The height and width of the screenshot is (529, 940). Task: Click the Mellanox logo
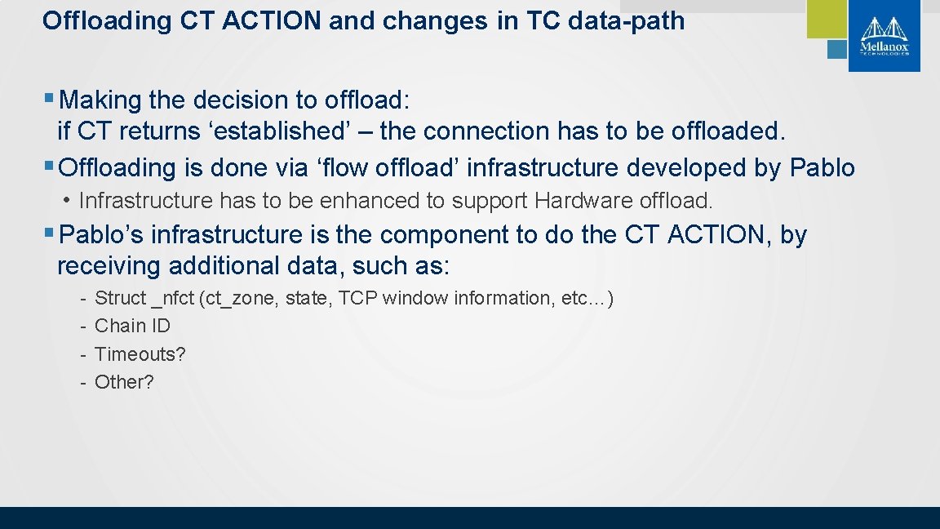coord(884,35)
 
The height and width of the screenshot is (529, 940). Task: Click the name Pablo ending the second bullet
coord(822,168)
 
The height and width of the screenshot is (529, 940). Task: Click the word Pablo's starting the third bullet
coord(102,235)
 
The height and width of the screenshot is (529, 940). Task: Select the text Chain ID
coord(132,326)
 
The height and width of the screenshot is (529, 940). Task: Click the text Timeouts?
coord(140,354)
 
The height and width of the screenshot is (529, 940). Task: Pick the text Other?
coord(124,382)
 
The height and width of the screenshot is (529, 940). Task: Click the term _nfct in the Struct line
coord(173,298)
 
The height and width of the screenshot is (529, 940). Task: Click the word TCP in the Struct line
coord(357,298)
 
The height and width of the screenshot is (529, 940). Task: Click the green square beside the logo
coord(827,18)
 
